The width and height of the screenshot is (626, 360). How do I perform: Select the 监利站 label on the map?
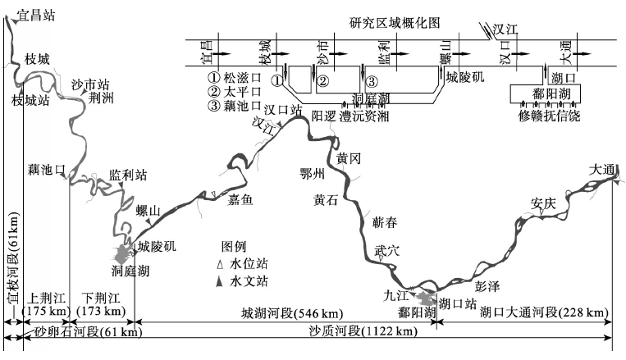tap(128, 175)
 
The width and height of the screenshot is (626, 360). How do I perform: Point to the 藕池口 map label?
tap(45, 170)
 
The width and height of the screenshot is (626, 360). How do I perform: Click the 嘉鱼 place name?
tap(240, 198)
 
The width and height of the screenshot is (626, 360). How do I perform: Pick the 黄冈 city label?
tap(349, 157)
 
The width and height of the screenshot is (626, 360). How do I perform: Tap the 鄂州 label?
tap(313, 175)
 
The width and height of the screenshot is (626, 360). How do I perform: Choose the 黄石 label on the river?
tap(327, 200)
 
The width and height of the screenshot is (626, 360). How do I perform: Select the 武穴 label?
tap(386, 251)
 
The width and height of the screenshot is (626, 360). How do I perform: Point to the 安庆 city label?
tap(543, 203)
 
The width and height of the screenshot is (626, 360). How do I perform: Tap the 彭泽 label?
tap(487, 287)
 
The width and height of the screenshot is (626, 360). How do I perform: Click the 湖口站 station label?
tap(458, 304)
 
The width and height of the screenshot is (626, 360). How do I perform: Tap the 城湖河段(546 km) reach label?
tap(291, 314)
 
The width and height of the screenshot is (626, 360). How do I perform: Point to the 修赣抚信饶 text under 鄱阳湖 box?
tap(549, 116)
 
